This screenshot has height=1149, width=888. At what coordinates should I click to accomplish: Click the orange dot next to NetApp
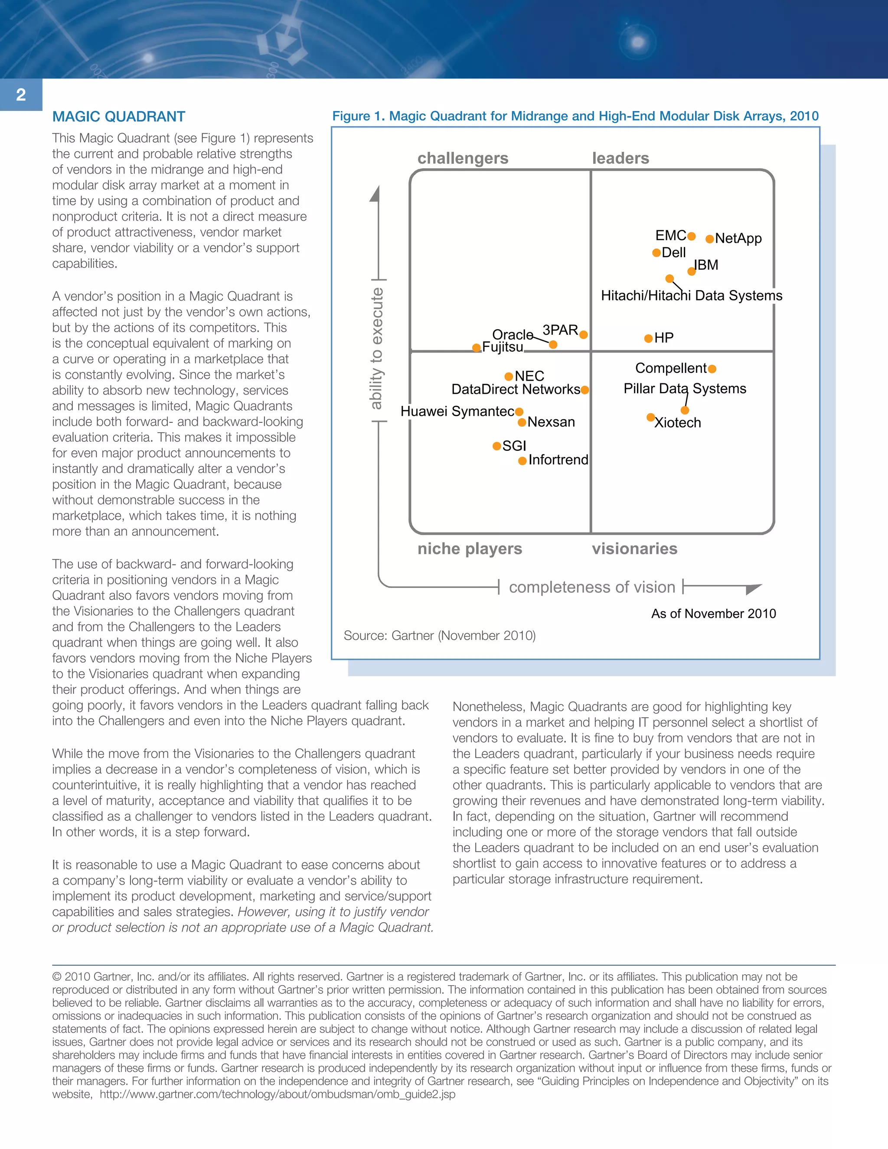710,239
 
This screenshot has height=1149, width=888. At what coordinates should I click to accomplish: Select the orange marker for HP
649,338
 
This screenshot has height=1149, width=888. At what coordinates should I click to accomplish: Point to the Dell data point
656,253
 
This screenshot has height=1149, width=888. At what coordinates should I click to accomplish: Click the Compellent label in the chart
670,368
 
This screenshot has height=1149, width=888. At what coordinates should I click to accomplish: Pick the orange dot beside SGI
496,446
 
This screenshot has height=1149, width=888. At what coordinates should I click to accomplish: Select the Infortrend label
558,460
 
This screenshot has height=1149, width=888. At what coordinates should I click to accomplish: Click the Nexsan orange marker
522,422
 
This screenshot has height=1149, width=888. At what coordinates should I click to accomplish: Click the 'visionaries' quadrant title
634,549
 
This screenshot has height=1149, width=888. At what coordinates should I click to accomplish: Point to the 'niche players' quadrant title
469,549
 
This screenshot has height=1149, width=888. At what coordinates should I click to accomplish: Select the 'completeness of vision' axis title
592,587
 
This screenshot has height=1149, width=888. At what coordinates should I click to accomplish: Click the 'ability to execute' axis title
376,348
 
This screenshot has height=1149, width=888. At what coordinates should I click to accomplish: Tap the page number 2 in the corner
21,95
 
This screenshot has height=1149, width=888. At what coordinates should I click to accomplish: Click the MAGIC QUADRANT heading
118,117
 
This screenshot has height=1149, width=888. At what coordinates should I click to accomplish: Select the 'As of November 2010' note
713,614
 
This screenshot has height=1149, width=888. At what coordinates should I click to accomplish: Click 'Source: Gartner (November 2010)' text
439,636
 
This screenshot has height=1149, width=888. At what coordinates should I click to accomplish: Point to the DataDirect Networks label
516,389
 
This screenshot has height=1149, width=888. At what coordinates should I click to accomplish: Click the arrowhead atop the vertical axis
375,194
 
